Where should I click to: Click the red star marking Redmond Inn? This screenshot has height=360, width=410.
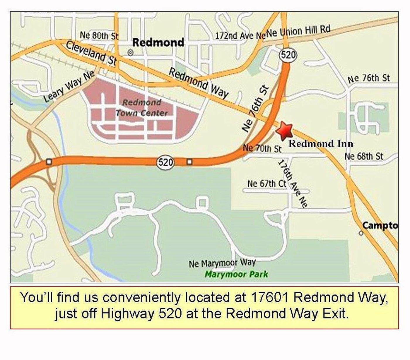284,131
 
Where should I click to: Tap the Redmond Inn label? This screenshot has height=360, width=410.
321,144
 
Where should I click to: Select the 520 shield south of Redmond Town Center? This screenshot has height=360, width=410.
166,162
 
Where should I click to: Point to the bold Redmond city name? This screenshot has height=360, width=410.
158,42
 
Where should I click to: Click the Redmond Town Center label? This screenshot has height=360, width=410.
142,108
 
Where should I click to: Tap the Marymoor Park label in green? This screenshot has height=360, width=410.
236,274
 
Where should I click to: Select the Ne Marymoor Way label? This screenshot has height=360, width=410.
222,263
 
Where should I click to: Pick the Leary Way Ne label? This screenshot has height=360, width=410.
69,87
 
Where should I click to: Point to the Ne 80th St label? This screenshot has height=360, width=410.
99,35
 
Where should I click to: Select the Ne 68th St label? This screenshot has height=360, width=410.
364,156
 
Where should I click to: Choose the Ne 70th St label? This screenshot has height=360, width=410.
262,148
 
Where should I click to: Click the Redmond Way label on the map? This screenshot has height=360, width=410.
199,83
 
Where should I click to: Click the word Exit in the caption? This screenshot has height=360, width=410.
335,314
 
